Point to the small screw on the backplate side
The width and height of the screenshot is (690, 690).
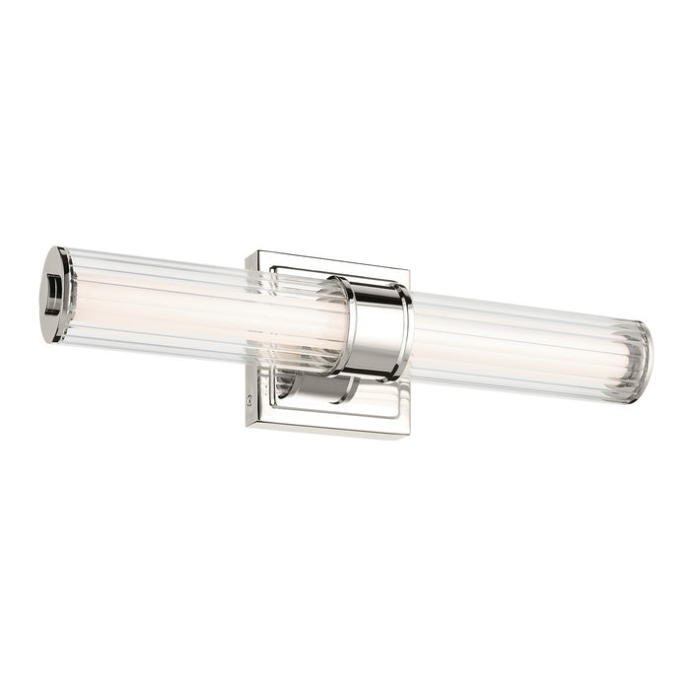[248, 401]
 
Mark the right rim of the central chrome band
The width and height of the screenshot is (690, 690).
[404, 335]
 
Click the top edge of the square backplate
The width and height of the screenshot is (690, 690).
[325, 259]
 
